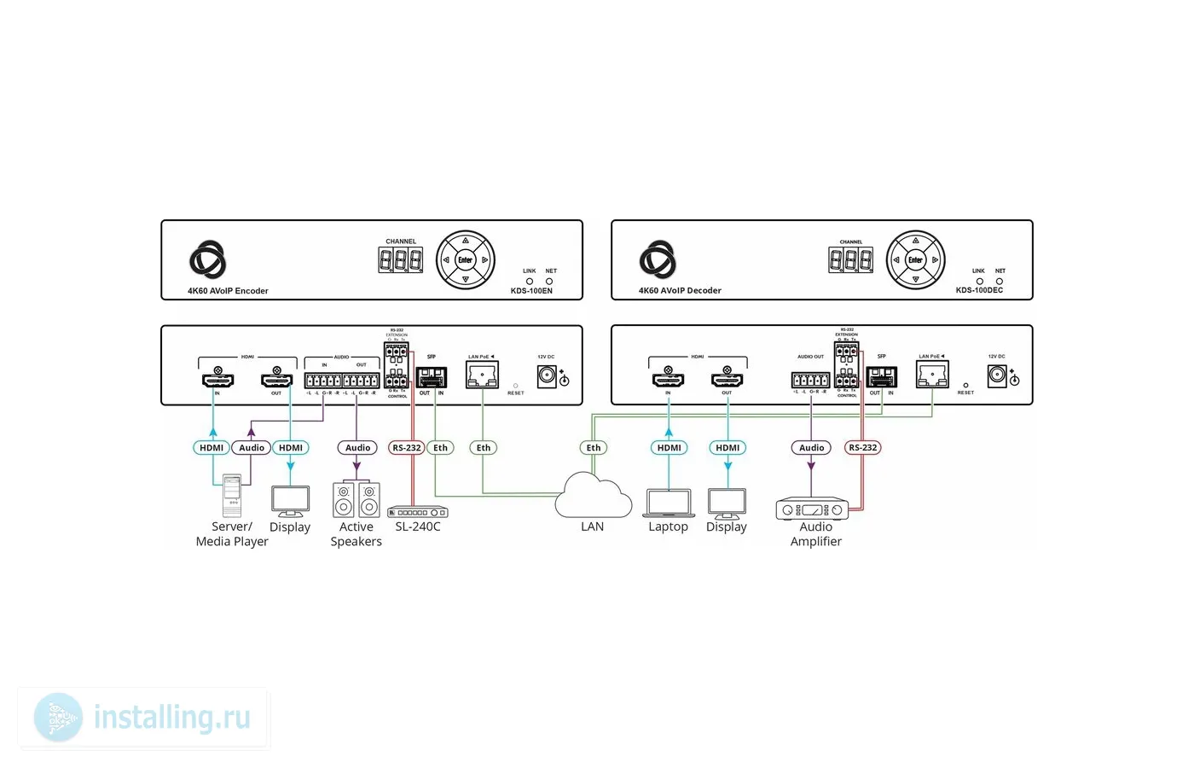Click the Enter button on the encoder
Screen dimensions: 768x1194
pos(465,260)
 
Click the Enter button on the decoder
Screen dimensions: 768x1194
pos(915,260)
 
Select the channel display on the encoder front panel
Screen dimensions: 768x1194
pos(400,260)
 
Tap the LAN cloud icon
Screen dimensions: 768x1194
pos(593,497)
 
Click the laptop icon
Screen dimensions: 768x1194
pos(668,503)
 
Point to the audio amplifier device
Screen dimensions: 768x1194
pos(812,509)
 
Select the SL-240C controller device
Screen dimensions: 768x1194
pos(418,512)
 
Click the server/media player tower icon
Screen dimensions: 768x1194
pos(232,496)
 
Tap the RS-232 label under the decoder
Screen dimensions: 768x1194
pos(862,447)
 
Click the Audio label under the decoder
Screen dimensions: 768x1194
pos(811,447)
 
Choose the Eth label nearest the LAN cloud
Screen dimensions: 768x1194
pos(593,447)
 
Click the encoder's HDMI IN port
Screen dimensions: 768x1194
pos(217,378)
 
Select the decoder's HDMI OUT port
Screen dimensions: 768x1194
pos(727,378)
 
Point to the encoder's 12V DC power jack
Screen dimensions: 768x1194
pos(546,376)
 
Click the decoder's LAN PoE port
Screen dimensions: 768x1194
pos(931,375)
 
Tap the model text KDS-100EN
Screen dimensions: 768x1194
pos(531,291)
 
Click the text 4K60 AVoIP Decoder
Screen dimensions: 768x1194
pos(680,291)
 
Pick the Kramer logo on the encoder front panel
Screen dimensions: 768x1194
pos(207,259)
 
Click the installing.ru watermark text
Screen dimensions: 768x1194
pos(171,718)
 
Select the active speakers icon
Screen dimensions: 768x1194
pos(356,499)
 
